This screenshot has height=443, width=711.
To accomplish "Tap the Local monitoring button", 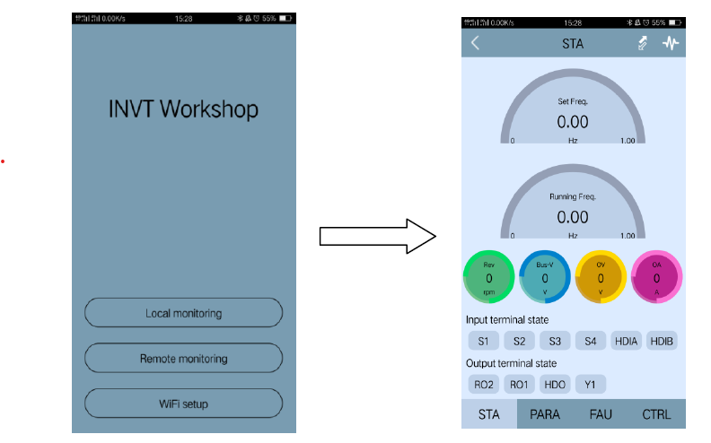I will coord(183,313).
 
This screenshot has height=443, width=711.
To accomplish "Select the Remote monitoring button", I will coord(183,358).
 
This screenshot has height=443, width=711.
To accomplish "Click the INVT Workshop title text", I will coord(183,109).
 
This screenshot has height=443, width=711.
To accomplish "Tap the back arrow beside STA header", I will coord(475,43).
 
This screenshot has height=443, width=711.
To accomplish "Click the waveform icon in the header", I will coord(671,43).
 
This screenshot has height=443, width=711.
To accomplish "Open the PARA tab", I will coord(545,414).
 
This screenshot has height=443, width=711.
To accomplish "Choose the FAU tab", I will coord(601,414).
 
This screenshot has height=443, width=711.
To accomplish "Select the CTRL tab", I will coord(656,414).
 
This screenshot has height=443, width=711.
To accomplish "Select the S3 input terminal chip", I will coord(555,341).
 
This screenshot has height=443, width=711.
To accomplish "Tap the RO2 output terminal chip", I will coord(483,384).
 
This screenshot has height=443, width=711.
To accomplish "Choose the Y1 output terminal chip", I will coord(591,384).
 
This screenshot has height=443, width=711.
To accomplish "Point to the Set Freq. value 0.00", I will coord(573,121).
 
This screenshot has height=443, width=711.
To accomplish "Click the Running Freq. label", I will coord(573,195).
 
